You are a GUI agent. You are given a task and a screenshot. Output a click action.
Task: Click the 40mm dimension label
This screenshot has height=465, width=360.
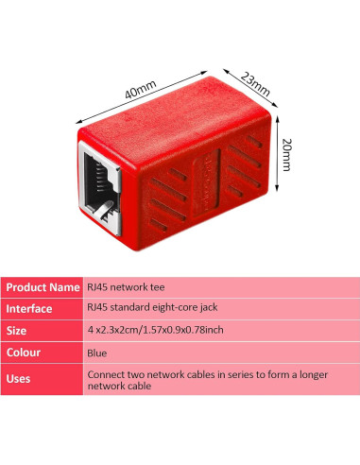[139, 90]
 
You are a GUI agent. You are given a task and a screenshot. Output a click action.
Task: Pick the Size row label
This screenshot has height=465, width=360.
[20, 331]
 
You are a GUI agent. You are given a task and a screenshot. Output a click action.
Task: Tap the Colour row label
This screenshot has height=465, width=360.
[27, 353]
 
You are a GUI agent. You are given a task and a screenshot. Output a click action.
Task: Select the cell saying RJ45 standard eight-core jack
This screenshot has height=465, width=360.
[153, 308]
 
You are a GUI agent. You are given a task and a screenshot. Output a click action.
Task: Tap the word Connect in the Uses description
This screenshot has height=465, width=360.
[109, 374]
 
